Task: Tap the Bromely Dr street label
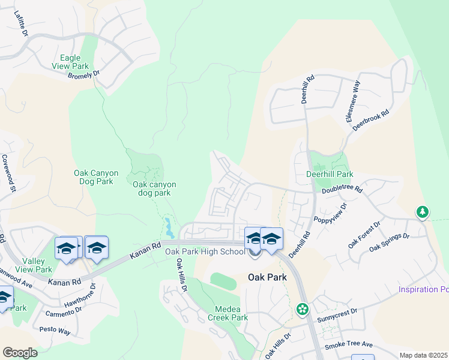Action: pos(83,76)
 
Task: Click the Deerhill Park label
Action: pos(330,174)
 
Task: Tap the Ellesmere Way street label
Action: pos(353,101)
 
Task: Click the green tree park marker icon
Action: pos(423,212)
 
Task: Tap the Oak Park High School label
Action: pos(205,252)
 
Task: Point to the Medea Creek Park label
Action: pos(228,313)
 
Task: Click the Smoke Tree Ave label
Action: pos(349,346)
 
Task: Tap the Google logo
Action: pos(20,352)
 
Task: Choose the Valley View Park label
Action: pos(37,265)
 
